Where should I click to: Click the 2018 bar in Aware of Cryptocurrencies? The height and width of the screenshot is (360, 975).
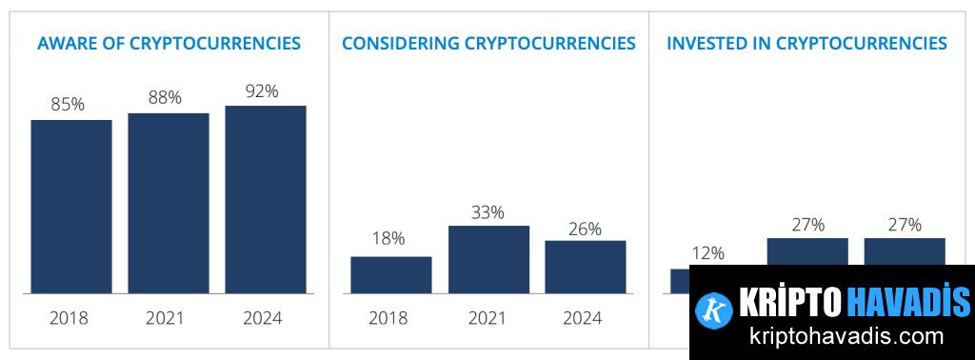tap(71, 206)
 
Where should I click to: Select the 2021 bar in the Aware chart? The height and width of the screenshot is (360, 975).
tap(169, 203)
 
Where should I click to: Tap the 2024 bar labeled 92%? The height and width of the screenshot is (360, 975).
tap(266, 199)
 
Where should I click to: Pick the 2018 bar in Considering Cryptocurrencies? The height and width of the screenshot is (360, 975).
tap(390, 274)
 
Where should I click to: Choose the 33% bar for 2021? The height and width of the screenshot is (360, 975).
tap(488, 259)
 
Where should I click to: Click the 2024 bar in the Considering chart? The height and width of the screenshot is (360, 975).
tap(586, 267)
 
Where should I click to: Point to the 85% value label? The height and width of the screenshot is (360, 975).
tap(68, 105)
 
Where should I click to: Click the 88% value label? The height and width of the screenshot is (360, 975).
tap(165, 97)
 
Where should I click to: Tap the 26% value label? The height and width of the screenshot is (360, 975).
tap(585, 229)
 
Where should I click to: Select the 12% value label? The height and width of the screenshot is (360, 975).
tap(707, 253)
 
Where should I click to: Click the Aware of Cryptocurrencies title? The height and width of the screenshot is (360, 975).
tap(169, 43)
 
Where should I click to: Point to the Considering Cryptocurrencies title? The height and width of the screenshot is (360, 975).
tap(488, 43)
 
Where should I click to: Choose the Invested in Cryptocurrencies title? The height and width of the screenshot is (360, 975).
tap(806, 43)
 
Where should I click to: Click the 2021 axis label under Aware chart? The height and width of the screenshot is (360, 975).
tap(165, 318)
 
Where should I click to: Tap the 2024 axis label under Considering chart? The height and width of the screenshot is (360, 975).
tap(582, 318)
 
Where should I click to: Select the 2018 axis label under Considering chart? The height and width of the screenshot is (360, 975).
tap(388, 318)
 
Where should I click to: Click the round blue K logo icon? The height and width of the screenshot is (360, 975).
tap(713, 308)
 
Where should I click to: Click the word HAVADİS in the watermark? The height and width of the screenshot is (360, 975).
tap(907, 302)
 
